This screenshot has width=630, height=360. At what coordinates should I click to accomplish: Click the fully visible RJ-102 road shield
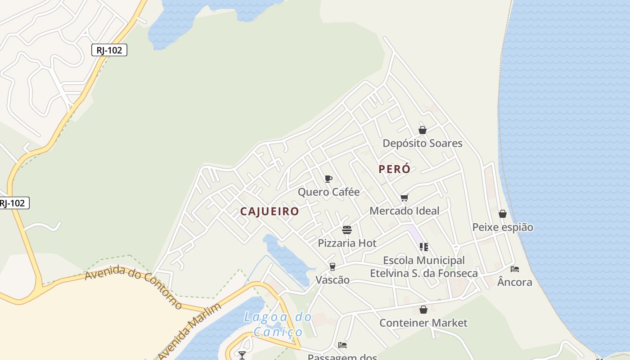click(109, 50)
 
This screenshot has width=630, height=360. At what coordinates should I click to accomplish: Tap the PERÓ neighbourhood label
click(394, 169)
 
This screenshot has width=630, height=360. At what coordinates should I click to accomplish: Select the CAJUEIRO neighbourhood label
click(269, 211)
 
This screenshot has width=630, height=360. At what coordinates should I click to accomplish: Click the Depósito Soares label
click(422, 144)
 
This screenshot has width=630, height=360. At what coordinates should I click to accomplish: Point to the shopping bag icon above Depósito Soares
click(423, 130)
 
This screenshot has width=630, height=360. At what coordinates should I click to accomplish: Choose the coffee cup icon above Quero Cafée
click(328, 179)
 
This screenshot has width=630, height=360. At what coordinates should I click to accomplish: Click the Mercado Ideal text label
click(404, 211)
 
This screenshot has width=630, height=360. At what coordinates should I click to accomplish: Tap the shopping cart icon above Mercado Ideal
click(404, 198)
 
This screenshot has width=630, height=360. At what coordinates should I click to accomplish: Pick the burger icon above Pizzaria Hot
click(346, 230)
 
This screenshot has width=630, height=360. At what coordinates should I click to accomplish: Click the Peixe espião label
click(502, 227)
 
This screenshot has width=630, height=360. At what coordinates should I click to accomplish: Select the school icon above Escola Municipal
click(423, 247)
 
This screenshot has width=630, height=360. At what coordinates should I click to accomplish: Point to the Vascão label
click(332, 280)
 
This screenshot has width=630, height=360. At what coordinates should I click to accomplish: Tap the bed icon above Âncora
click(515, 269)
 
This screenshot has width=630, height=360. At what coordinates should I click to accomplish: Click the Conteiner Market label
click(423, 323)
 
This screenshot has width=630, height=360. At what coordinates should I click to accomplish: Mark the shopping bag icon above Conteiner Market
click(423, 310)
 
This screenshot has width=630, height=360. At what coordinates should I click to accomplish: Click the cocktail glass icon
click(242, 355)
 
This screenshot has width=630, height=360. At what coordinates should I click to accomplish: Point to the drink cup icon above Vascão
click(332, 267)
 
